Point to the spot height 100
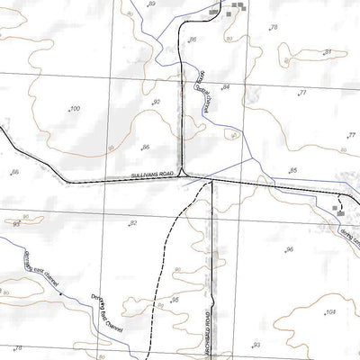74,108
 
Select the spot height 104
330,311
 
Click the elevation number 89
151,4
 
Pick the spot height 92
156,103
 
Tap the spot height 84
226,86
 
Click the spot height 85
292,170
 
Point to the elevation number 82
133,222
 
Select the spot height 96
289,249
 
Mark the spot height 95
175,299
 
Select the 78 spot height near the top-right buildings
274,29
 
